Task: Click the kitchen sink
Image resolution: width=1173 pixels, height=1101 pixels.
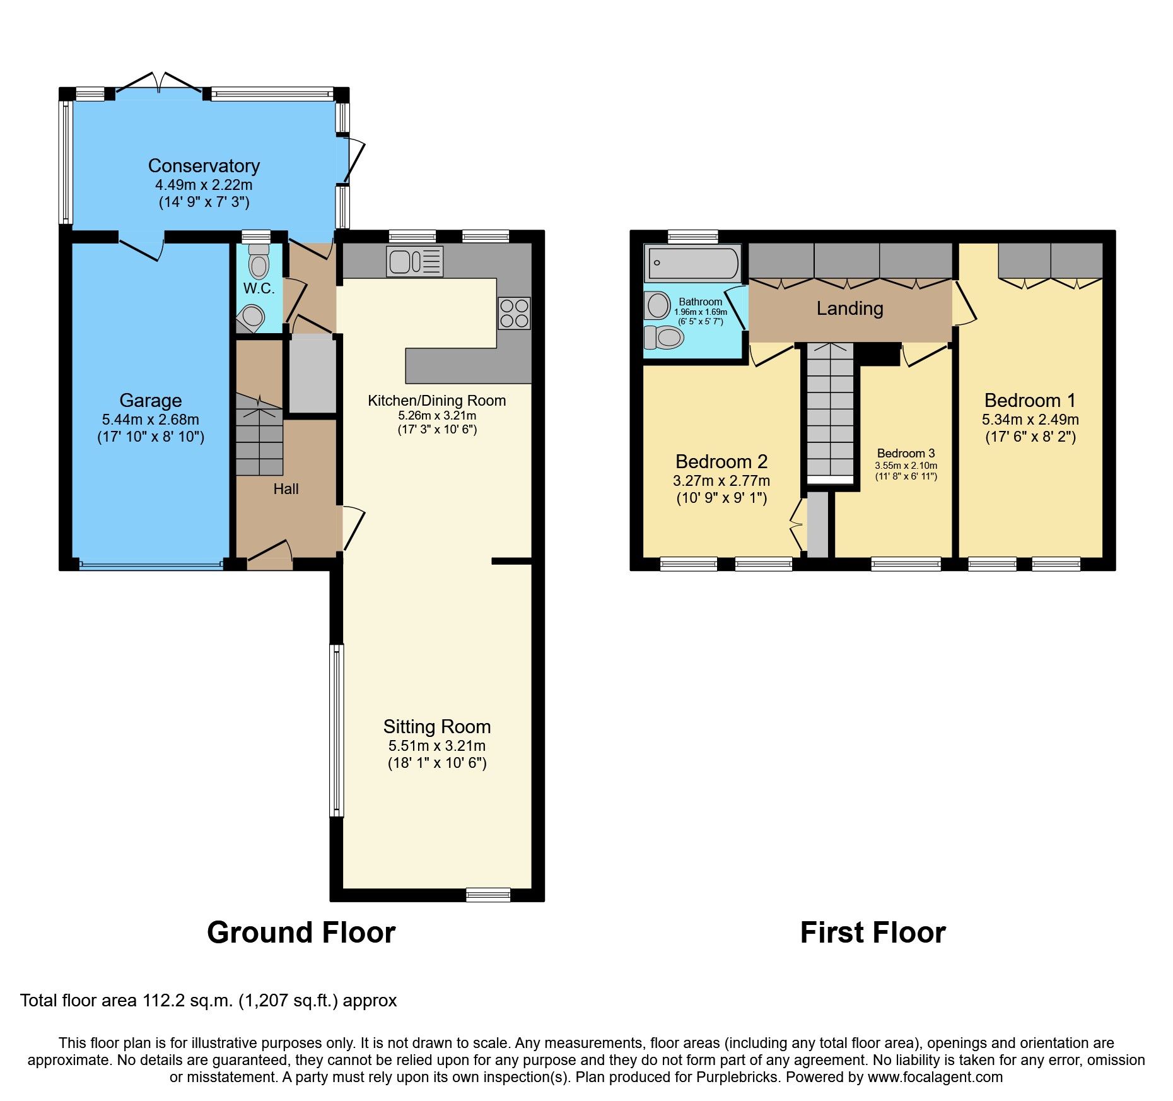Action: click(415, 261)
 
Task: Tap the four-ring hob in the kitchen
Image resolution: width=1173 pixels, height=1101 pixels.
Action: click(514, 313)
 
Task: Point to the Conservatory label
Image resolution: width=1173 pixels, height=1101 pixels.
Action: click(204, 166)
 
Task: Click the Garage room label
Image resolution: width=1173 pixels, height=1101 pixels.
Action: click(151, 400)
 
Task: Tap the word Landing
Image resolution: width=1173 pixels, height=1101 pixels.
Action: click(849, 309)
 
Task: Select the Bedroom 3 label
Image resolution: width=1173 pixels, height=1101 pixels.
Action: click(906, 453)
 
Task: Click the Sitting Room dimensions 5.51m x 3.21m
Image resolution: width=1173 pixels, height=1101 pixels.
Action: click(437, 746)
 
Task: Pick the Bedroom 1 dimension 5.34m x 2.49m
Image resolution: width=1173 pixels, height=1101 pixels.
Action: click(1030, 420)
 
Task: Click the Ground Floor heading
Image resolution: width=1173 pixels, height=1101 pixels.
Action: click(301, 933)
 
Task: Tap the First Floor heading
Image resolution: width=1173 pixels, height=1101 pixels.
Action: click(872, 933)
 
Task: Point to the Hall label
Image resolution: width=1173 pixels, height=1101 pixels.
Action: click(286, 489)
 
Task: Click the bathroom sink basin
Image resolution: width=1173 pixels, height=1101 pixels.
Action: click(658, 306)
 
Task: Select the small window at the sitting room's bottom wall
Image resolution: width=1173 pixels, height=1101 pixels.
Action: click(487, 894)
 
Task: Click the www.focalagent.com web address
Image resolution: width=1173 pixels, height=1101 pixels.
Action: click(935, 1077)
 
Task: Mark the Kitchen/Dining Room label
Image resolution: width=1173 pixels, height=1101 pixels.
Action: click(436, 401)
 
